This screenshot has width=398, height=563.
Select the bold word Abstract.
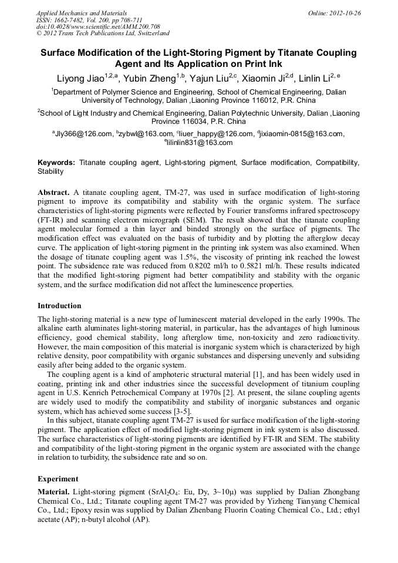[x=54, y=193]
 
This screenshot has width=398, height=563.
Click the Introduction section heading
[x=59, y=305]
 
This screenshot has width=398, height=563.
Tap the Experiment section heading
[x=58, y=478]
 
